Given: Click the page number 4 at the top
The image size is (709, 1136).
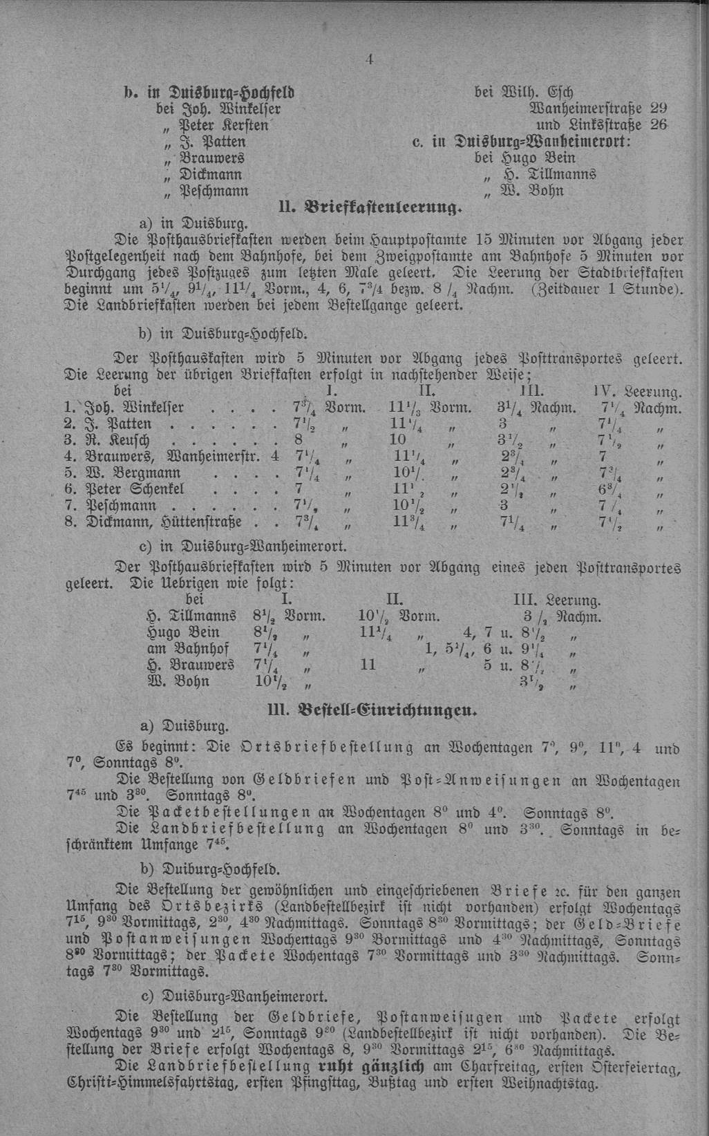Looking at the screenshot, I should [370, 60].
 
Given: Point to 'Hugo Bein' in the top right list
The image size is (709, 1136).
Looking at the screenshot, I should [530, 158].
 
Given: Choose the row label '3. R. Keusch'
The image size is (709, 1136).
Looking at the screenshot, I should [108, 439].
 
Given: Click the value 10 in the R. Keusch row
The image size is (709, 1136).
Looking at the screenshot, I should [398, 439].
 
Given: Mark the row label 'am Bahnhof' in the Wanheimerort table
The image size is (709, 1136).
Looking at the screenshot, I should [187, 649].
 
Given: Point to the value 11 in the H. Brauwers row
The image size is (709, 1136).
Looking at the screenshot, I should [368, 665].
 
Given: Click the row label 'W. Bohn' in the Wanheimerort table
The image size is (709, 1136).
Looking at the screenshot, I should [178, 682].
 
